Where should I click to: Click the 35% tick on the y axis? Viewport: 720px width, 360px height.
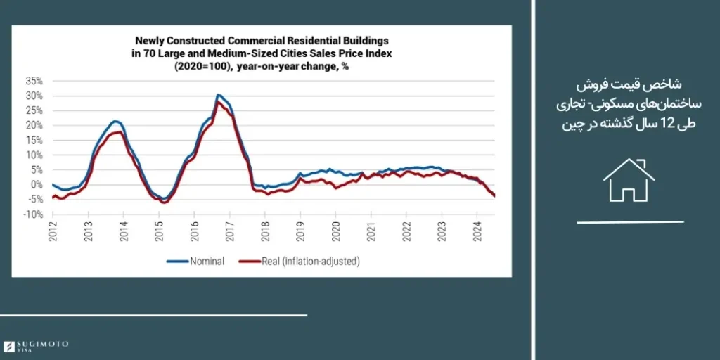pyautogui.click(x=34, y=80)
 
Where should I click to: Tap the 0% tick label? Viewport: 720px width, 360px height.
pyautogui.click(x=37, y=184)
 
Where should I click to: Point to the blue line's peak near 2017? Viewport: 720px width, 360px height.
pyautogui.click(x=219, y=94)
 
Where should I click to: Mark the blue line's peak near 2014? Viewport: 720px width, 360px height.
pyautogui.click(x=116, y=121)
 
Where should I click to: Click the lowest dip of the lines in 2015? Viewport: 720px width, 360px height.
pyautogui.click(x=165, y=202)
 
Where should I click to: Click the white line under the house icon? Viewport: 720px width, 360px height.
pyautogui.click(x=630, y=221)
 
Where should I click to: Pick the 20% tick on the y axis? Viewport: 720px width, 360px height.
pyautogui.click(x=34, y=125)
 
